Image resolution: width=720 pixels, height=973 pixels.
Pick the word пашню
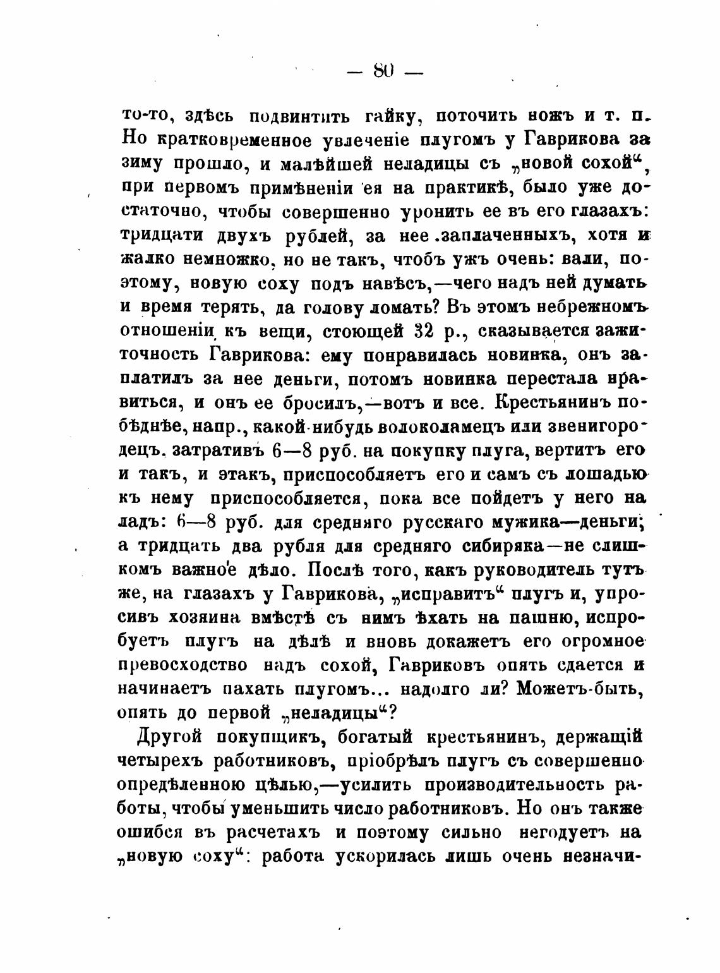541,617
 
